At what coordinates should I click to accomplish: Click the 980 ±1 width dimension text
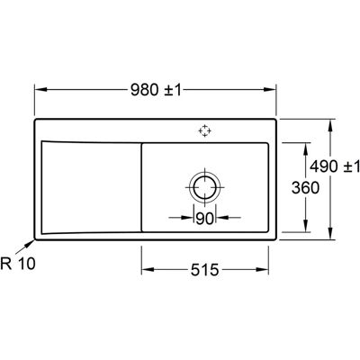(156, 90)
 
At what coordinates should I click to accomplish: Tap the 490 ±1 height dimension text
(335, 166)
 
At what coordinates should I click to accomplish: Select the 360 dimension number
(305, 188)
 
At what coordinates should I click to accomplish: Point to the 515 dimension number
(205, 270)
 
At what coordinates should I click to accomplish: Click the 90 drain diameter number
(204, 219)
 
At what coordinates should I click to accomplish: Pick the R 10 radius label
(18, 264)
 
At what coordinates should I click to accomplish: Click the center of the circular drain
(205, 187)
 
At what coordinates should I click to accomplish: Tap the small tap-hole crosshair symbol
(205, 130)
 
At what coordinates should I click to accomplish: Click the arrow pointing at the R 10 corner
(25, 247)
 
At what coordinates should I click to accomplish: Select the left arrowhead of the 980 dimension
(40, 89)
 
